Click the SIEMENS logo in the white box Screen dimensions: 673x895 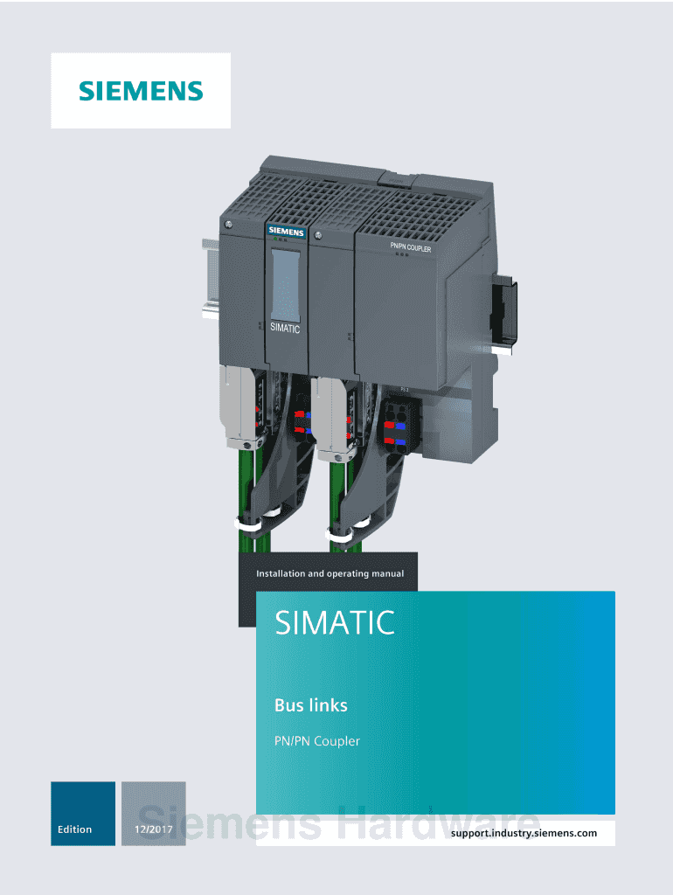point(141,91)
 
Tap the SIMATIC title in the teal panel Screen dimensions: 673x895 point(335,622)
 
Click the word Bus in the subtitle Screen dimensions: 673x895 point(288,705)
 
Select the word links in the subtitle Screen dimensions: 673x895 point(330,705)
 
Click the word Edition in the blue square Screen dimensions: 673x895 point(75,829)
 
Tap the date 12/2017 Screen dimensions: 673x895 point(154,829)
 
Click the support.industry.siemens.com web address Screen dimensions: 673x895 point(524,833)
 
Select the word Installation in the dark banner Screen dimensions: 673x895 point(281,573)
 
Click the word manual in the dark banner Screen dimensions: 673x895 point(387,573)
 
